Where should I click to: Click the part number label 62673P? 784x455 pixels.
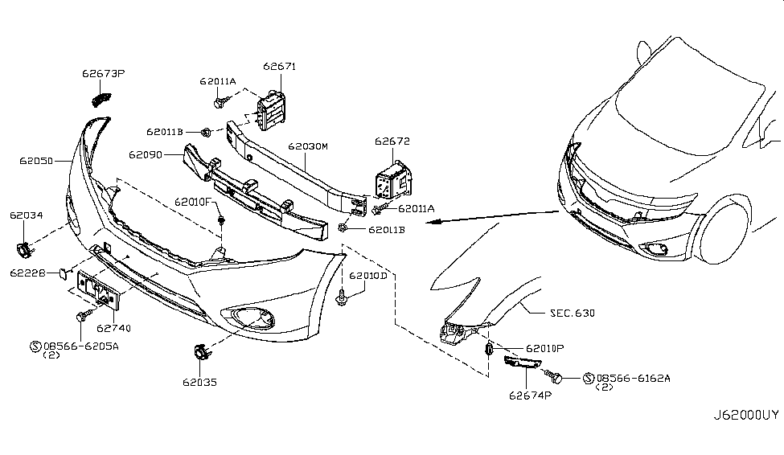point(103,74)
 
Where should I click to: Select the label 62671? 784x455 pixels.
point(280,66)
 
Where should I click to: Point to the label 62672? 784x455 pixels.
point(392,141)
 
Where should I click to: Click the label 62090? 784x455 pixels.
point(145,154)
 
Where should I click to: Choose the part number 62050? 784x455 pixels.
point(37,161)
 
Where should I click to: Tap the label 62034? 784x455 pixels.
point(27,215)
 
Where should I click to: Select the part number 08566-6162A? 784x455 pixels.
point(633,377)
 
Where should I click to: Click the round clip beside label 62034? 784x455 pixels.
point(23,249)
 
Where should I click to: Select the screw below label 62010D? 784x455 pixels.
point(343,298)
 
